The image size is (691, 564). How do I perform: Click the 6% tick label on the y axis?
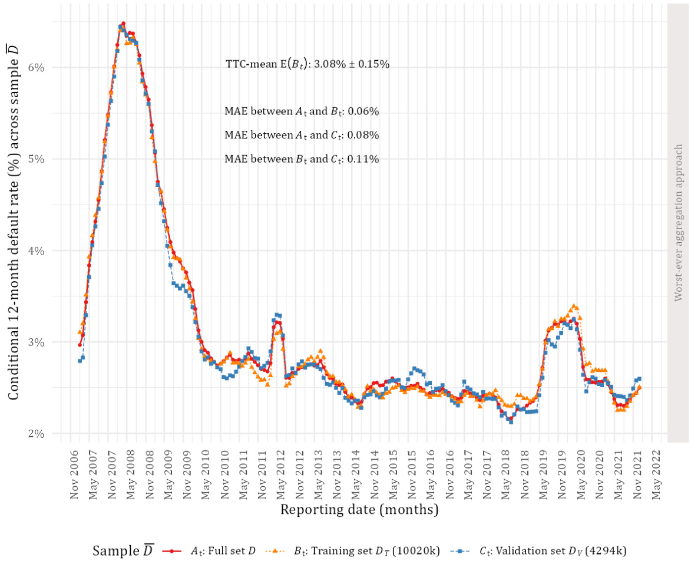37,67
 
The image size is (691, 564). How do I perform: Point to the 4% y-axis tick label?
37,250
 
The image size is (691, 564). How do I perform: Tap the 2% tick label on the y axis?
37,434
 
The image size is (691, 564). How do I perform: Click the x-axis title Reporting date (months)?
359,509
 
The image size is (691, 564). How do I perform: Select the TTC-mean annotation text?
307,64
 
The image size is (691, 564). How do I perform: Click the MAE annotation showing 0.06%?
301,111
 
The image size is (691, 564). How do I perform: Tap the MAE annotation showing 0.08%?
301,135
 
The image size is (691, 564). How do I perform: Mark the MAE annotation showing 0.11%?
301,159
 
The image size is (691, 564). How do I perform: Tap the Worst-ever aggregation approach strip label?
679,222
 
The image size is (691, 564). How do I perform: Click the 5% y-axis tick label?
37,159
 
